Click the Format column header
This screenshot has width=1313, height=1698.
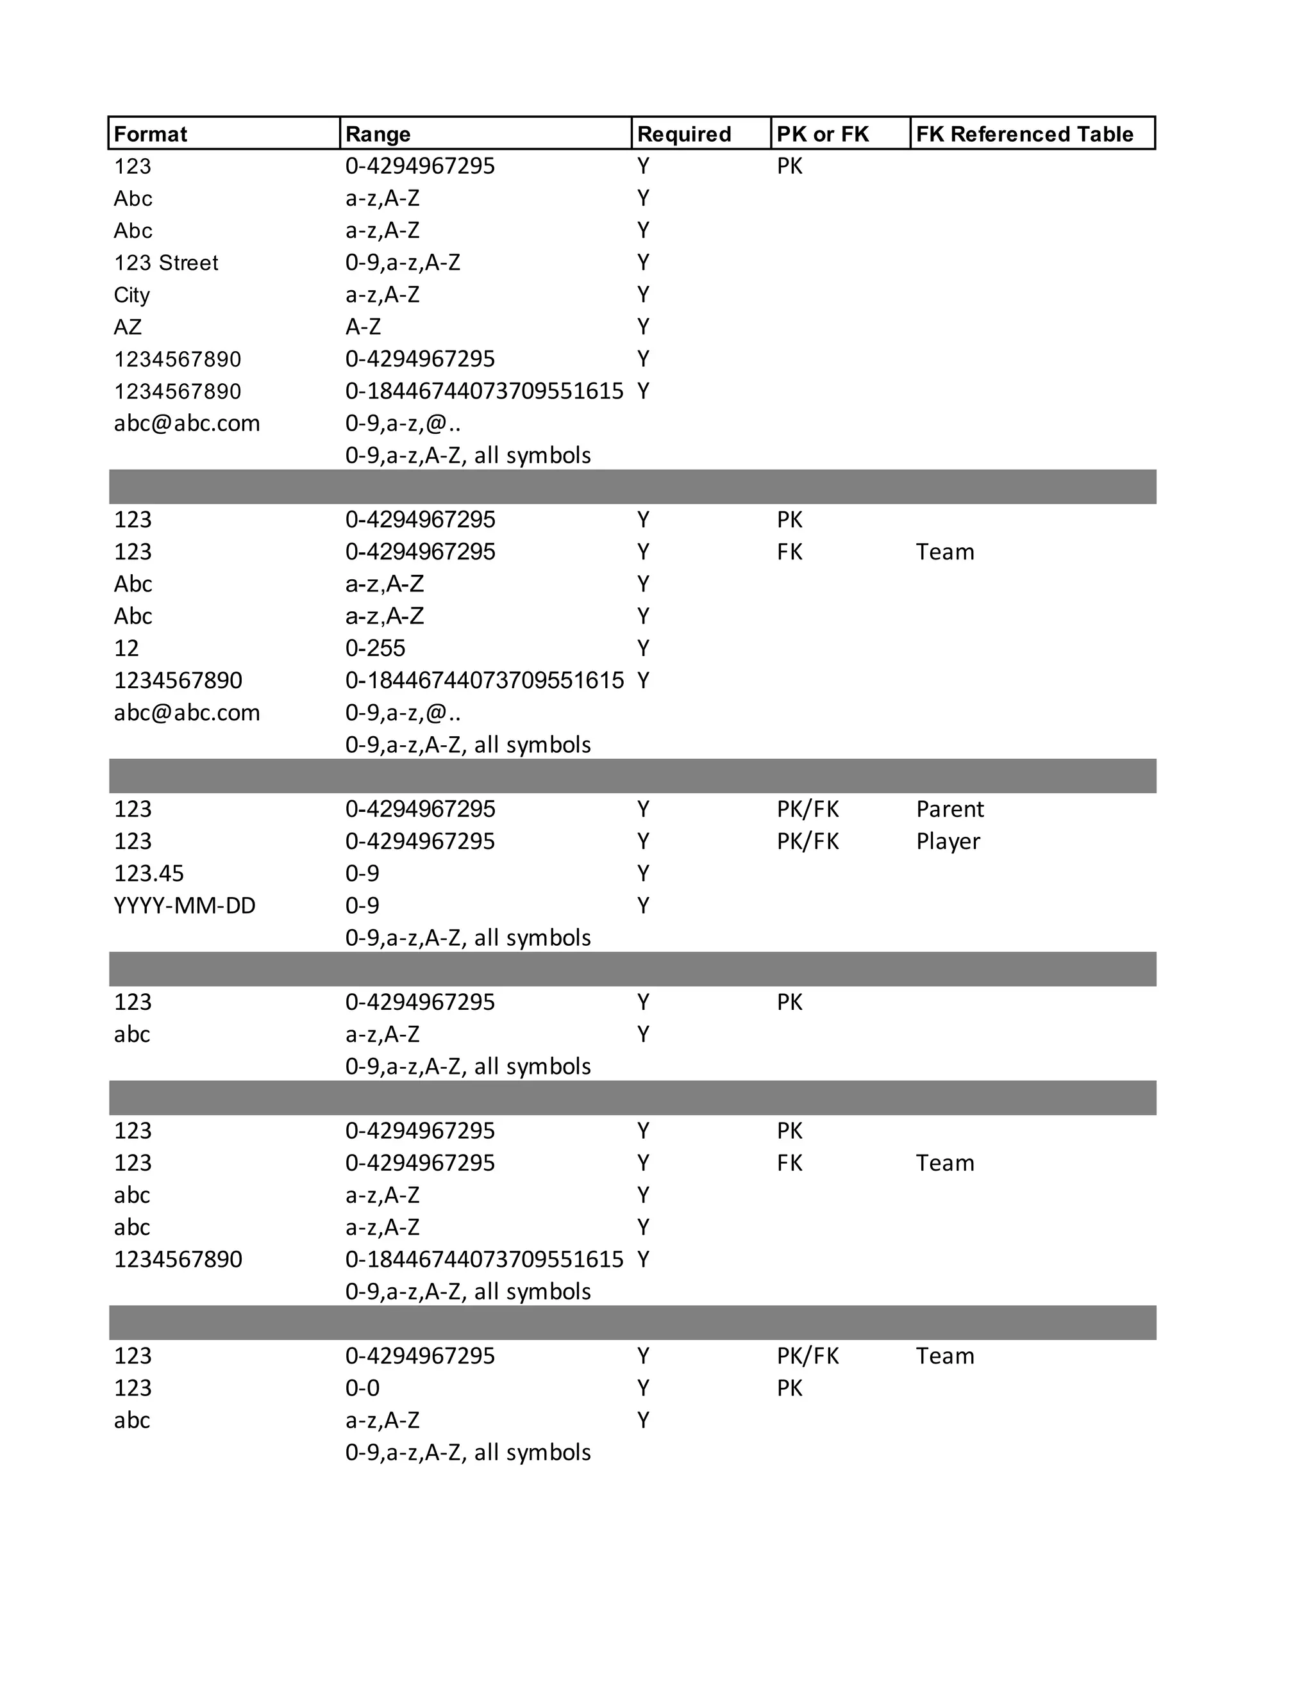click(x=150, y=134)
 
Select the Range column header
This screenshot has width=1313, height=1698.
click(x=378, y=134)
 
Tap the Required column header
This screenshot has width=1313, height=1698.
click(x=683, y=134)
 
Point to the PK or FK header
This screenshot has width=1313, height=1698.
click(x=822, y=134)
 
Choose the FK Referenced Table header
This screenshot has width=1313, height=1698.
click(x=1024, y=134)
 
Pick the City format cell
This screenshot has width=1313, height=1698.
click(x=131, y=295)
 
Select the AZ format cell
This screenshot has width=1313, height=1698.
click(x=128, y=327)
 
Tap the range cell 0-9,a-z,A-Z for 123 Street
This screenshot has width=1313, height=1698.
click(x=402, y=263)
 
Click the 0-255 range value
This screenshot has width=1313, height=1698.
click(x=375, y=648)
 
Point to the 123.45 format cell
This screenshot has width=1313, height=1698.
click(x=149, y=873)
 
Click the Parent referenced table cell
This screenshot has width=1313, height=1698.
click(x=949, y=809)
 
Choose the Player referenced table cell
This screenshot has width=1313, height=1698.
click(x=948, y=841)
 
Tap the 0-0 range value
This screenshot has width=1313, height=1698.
click(x=362, y=1388)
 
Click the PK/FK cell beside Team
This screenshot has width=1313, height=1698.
click(x=807, y=1356)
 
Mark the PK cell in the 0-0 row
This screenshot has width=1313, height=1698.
click(x=789, y=1388)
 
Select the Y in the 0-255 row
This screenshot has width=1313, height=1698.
click(x=642, y=648)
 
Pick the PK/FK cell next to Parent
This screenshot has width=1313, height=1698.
click(x=807, y=809)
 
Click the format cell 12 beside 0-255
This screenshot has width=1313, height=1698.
click(x=126, y=648)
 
